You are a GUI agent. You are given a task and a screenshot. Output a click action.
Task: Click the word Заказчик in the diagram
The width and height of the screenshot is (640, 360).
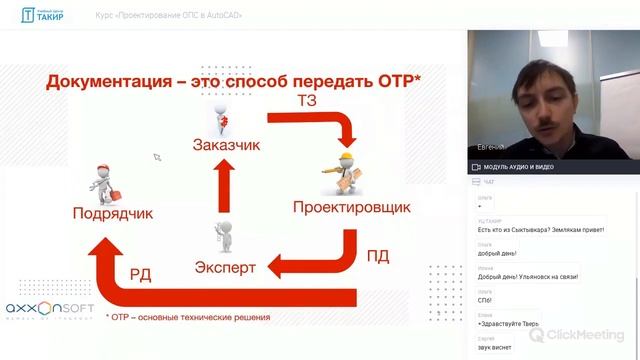click(x=226, y=145)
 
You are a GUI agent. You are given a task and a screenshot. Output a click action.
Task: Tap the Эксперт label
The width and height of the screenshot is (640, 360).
click(x=224, y=267)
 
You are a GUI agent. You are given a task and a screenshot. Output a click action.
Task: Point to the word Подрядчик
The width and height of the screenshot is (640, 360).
click(x=112, y=213)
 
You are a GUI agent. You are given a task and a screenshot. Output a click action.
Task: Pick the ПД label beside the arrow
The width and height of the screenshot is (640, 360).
click(x=378, y=256)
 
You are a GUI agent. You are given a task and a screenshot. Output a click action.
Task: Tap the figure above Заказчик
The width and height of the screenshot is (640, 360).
click(x=226, y=117)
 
